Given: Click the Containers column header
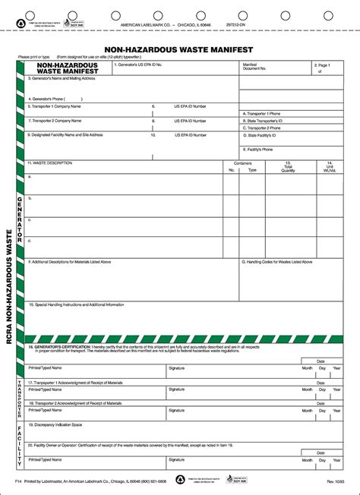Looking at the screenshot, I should tap(242, 162).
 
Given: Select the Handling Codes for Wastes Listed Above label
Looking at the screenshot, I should tap(278, 261).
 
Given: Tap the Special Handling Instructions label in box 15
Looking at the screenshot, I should tap(77, 304).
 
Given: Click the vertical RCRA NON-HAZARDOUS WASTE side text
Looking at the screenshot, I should tap(8, 288).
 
